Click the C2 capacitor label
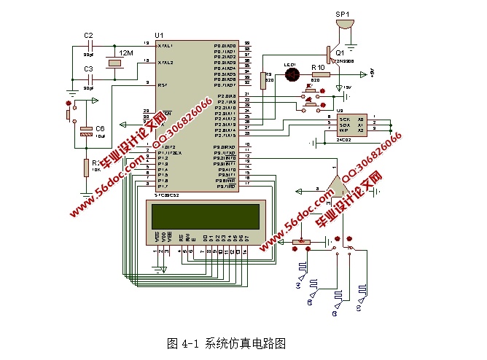pyautogui.click(x=88, y=35)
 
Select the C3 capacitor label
pyautogui.click(x=88, y=69)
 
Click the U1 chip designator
pyautogui.click(x=159, y=36)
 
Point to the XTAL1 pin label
pyautogui.click(x=165, y=45)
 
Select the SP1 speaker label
pyautogui.click(x=342, y=14)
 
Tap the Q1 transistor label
pyautogui.click(x=340, y=52)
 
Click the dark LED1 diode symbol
pyautogui.click(x=291, y=74)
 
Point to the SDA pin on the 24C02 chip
pyautogui.click(x=342, y=123)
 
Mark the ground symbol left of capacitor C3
pyautogui.click(x=71, y=93)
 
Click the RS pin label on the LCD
pyautogui.click(x=180, y=237)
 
